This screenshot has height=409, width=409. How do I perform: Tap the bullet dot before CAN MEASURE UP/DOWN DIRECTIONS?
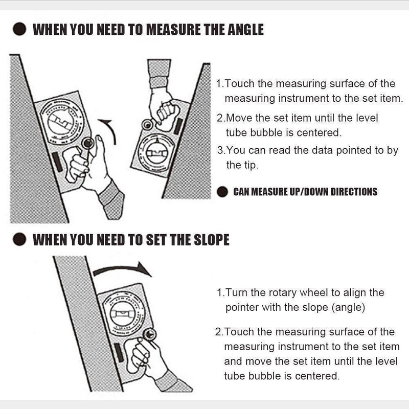pos(222,192)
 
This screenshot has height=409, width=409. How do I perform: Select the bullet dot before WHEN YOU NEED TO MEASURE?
pos(19,29)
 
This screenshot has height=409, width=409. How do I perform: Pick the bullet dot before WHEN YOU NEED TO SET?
pos(19,239)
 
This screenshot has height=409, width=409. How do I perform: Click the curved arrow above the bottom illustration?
pos(123,269)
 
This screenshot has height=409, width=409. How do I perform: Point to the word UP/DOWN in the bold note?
pos(301,192)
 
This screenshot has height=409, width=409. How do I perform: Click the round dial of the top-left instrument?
pos(61,120)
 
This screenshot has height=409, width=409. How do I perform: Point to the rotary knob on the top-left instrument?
pos(85,143)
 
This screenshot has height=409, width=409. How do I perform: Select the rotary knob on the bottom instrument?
pos(149,335)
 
